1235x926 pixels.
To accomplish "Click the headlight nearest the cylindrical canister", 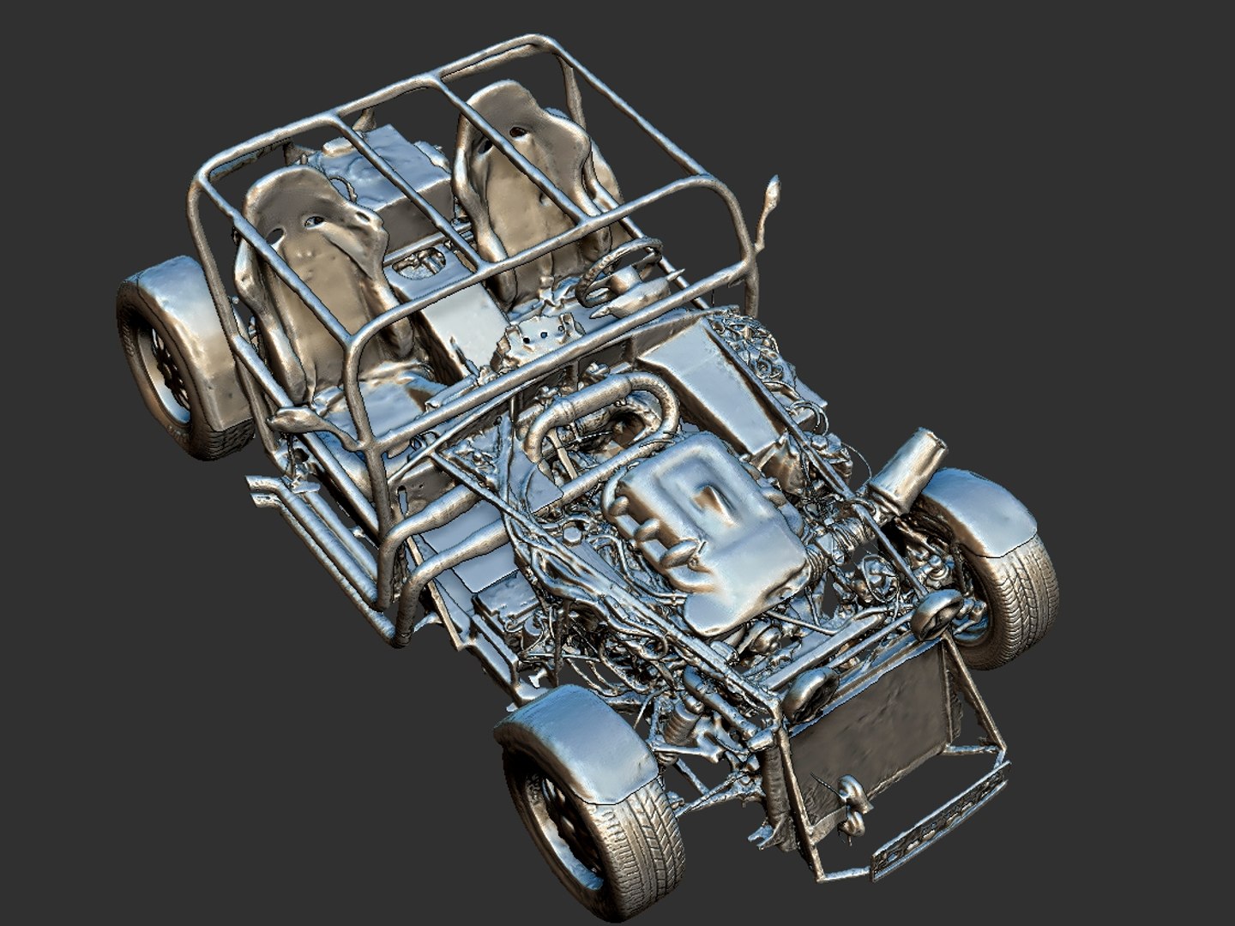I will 937,610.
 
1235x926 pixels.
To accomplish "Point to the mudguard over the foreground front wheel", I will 575,737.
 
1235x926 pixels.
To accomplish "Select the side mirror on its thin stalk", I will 772,197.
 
